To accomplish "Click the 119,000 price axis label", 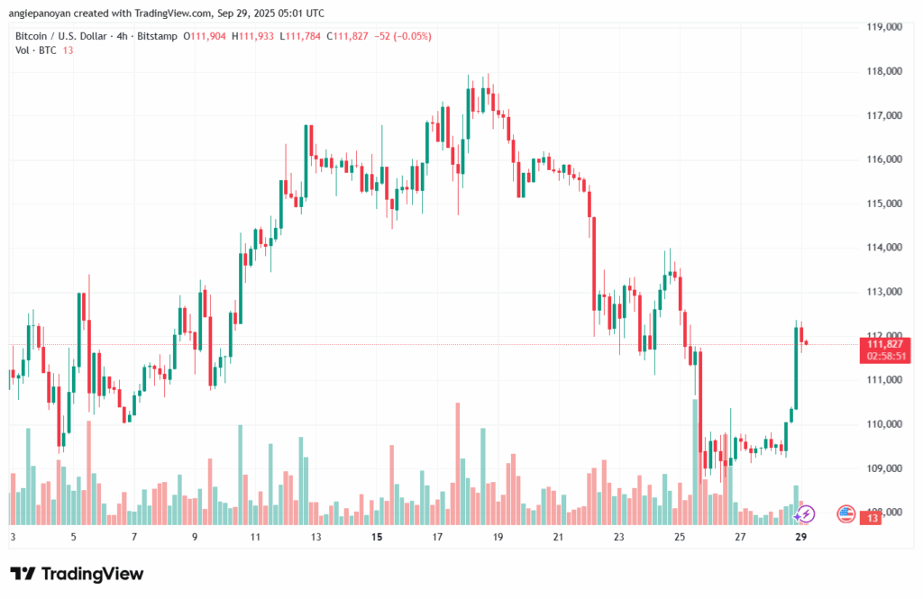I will coord(884,27).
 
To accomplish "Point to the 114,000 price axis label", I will coord(884,248).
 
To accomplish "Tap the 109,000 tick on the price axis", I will coord(884,468).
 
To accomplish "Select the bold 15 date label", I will coord(377,537).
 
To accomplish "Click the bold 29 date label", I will coord(800,537).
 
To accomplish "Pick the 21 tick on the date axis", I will coord(558,537).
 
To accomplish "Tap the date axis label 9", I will coord(195,537).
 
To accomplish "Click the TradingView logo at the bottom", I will coord(78,574).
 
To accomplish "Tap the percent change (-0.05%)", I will coord(411,36).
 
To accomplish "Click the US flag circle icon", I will coord(845,513).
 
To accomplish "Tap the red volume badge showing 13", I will coord(873,518).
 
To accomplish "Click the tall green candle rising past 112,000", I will coord(797,369).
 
